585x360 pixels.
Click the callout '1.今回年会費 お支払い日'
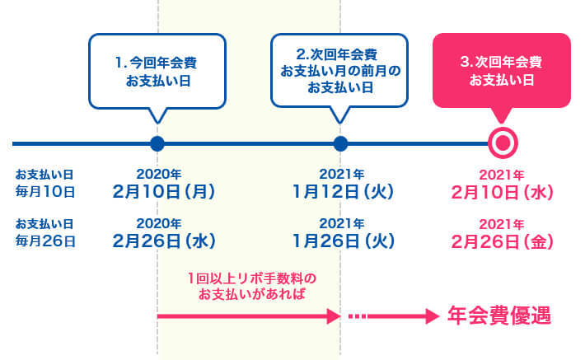click(x=157, y=70)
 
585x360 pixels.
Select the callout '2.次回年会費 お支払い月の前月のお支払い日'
click(x=340, y=70)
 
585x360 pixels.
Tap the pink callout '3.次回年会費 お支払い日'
click(x=501, y=70)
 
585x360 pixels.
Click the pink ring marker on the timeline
click(x=502, y=143)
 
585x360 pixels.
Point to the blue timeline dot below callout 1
click(x=157, y=143)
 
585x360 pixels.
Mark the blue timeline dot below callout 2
click(x=340, y=143)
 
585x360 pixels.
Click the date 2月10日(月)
click(x=164, y=192)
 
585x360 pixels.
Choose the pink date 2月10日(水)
click(x=502, y=192)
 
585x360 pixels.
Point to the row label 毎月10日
click(x=45, y=192)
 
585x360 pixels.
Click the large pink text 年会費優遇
click(x=498, y=316)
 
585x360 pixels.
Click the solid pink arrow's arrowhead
click(x=335, y=316)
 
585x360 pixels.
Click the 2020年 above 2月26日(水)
click(x=158, y=224)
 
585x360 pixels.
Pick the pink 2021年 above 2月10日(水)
click(x=501, y=175)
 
